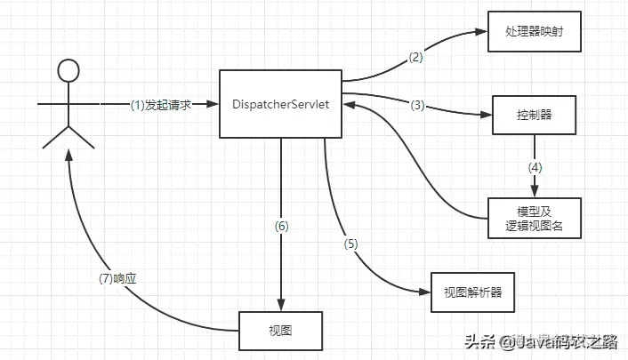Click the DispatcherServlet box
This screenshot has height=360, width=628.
280,104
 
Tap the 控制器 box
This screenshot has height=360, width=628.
535,115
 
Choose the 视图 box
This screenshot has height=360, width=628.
280,331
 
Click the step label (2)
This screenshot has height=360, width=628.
416,57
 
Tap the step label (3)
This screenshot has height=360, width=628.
418,105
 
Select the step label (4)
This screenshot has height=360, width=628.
535,166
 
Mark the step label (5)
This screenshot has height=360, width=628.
352,244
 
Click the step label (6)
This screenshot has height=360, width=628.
281,226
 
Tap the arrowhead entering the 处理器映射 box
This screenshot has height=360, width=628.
483,32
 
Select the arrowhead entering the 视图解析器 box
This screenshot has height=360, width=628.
423,290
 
